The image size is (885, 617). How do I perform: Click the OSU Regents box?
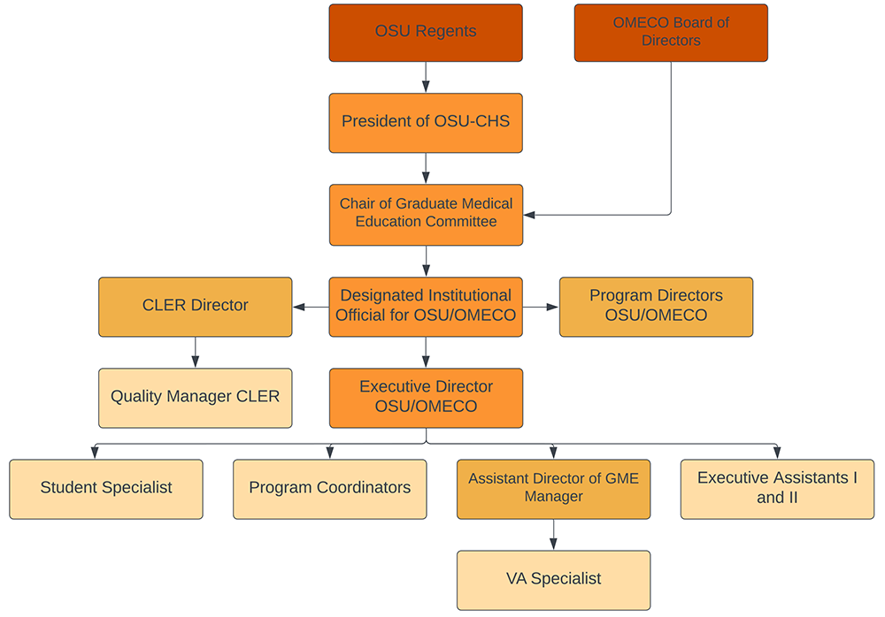pyautogui.click(x=426, y=33)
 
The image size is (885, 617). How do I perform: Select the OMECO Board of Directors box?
pyautogui.click(x=671, y=33)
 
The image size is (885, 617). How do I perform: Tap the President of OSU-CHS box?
pyautogui.click(x=426, y=123)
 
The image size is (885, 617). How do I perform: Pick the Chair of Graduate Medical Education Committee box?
pyautogui.click(x=427, y=215)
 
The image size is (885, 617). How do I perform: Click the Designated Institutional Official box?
pyautogui.click(x=426, y=307)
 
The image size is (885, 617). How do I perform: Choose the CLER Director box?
pyautogui.click(x=196, y=307)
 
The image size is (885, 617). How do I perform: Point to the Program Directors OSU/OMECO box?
pyautogui.click(x=656, y=307)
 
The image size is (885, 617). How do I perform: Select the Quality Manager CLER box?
pyautogui.click(x=196, y=398)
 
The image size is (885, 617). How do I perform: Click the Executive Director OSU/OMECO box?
pyautogui.click(x=427, y=398)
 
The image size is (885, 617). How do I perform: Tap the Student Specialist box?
pyautogui.click(x=106, y=489)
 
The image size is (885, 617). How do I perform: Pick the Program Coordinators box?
pyautogui.click(x=329, y=489)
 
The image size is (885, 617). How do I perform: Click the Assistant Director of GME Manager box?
pyautogui.click(x=554, y=489)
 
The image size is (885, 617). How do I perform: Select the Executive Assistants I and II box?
pyautogui.click(x=777, y=489)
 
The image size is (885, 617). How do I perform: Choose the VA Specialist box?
pyautogui.click(x=554, y=581)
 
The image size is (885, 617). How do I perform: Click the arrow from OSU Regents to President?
pyautogui.click(x=426, y=77)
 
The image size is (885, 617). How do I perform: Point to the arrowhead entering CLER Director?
pyautogui.click(x=299, y=307)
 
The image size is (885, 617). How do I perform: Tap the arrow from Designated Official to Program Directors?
pyautogui.click(x=541, y=307)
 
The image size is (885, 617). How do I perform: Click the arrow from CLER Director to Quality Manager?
pyautogui.click(x=196, y=353)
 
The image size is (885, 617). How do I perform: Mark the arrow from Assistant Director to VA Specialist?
pyautogui.click(x=554, y=535)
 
